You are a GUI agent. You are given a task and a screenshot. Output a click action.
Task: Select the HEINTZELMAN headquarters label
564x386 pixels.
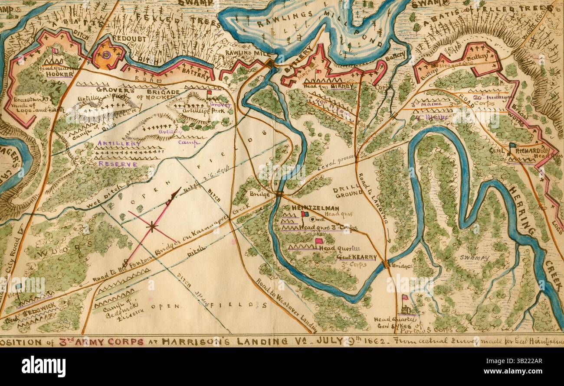coord(309,208)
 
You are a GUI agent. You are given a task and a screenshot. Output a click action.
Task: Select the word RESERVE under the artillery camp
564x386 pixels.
coord(118,164)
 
